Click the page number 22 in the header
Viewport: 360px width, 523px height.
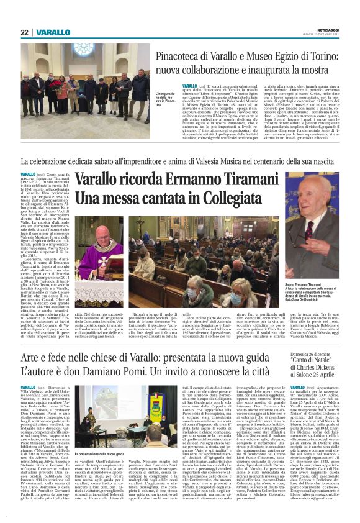tap(24, 32)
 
